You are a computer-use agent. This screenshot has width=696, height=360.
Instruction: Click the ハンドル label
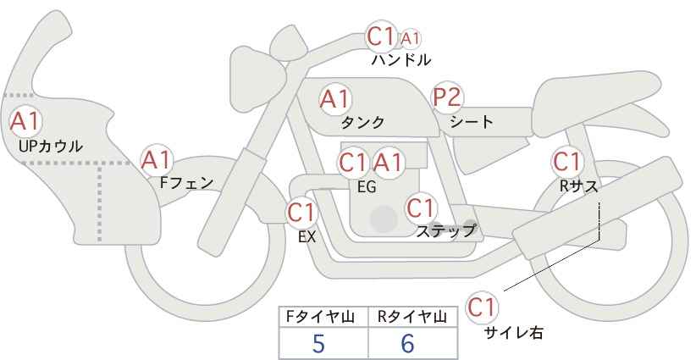400,60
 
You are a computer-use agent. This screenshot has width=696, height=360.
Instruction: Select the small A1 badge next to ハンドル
411,38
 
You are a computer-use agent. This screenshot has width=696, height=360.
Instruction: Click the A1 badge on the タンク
334,98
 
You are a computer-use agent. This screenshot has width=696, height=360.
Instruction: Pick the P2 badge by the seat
446,97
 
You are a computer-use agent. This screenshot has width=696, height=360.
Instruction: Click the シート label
472,121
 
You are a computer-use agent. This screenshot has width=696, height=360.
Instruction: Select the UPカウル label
50,146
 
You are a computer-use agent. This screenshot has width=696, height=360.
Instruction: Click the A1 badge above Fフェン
156,159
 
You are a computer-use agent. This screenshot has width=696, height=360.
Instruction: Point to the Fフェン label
185,181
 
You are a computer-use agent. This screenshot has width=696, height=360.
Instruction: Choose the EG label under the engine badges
367,186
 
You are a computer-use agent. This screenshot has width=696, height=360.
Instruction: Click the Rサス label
578,185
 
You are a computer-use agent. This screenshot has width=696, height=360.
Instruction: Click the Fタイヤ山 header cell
323,317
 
